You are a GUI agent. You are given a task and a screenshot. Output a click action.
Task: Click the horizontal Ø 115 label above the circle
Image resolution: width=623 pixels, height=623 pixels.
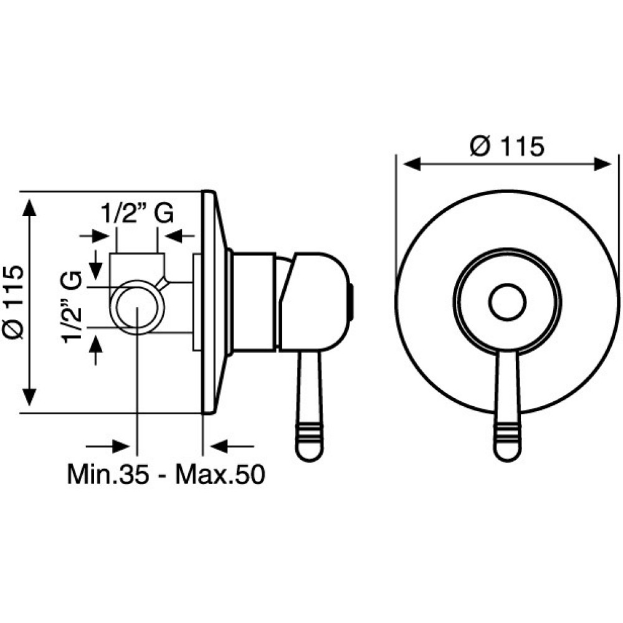click(x=506, y=146)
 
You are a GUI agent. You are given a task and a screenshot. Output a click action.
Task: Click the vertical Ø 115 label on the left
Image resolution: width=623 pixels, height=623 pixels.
click(x=13, y=302)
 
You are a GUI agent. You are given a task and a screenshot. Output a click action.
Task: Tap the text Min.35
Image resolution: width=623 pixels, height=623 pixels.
click(x=108, y=474)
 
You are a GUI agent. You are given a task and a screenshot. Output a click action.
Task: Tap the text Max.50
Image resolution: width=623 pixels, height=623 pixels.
click(x=220, y=474)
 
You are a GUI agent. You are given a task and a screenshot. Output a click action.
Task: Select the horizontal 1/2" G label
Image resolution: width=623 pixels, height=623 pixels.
click(x=138, y=214)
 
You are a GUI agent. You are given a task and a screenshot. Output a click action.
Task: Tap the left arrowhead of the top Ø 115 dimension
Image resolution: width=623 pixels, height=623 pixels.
click(x=412, y=164)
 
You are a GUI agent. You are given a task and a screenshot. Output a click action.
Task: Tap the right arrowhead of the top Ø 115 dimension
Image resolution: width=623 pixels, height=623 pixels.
click(x=602, y=164)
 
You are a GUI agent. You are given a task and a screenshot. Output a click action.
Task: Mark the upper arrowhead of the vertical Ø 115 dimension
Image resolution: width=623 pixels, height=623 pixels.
click(x=29, y=208)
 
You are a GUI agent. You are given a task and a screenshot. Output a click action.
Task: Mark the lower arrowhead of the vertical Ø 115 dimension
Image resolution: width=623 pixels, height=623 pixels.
click(x=29, y=397)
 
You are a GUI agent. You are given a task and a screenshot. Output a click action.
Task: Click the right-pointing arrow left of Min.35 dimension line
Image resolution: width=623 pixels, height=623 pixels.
click(x=108, y=446)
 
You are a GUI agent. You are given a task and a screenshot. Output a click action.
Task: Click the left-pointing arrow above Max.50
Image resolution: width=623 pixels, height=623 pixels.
click(x=232, y=446)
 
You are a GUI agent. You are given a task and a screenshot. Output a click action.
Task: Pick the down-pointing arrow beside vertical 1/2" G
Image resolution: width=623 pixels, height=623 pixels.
click(x=95, y=264)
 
